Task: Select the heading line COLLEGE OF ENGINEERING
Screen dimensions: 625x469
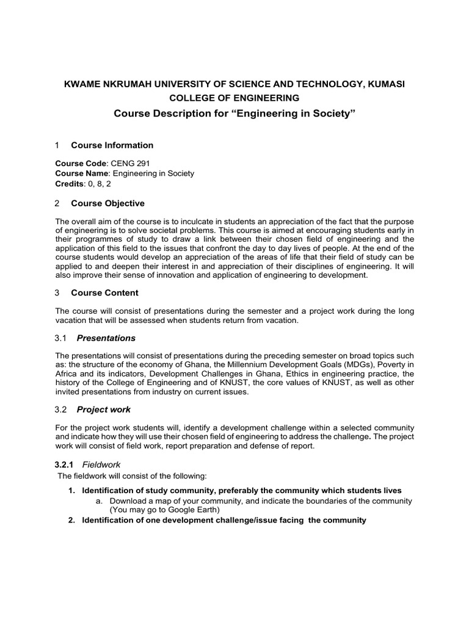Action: (234, 98)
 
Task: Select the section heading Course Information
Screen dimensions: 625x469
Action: (112, 145)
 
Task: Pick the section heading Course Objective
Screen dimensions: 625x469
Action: (108, 203)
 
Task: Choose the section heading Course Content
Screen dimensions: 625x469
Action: (104, 293)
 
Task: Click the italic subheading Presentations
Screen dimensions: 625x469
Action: (106, 338)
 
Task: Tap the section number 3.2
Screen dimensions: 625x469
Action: (62, 410)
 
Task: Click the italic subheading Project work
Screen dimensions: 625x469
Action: (104, 410)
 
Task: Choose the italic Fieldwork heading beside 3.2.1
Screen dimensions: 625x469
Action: (101, 464)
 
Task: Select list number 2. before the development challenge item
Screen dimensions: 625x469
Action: (71, 521)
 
